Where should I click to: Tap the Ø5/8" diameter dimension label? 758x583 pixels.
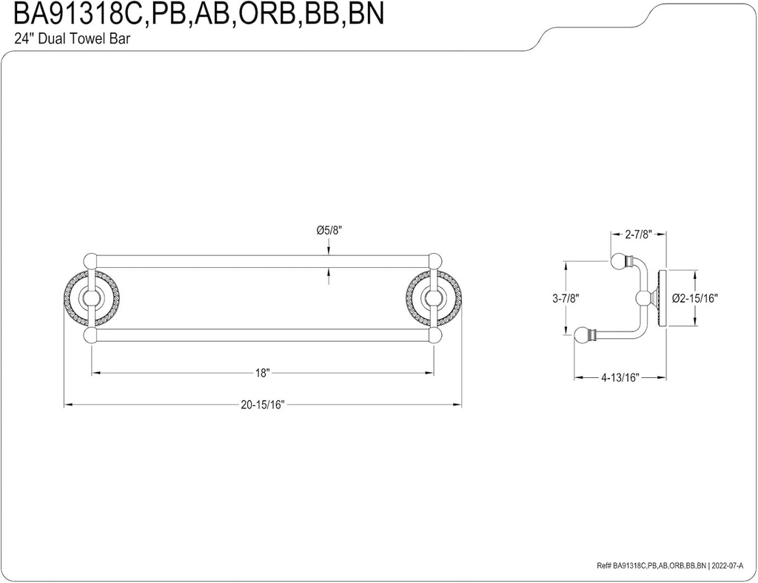329,231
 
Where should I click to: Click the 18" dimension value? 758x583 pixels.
261,373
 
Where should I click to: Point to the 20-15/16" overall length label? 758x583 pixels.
262,404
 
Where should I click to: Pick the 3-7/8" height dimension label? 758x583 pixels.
566,298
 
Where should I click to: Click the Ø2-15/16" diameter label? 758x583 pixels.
695,298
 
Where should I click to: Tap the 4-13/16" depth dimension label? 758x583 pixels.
620,377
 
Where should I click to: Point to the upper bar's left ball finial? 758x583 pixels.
92,261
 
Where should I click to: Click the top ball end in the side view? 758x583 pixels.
617,260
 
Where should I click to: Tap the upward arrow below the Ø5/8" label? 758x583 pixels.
329,275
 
